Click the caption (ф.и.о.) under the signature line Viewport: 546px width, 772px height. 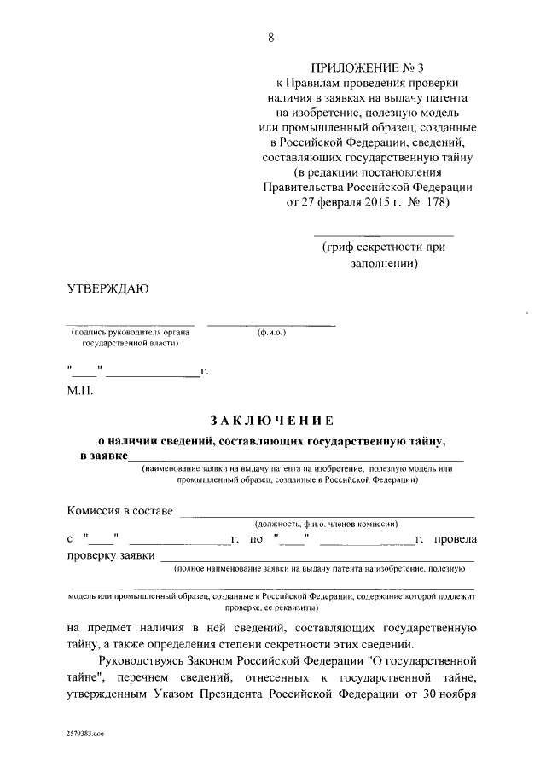point(270,332)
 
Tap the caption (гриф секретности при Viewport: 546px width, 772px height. point(384,247)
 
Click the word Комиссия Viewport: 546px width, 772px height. point(96,511)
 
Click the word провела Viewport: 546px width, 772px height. point(455,539)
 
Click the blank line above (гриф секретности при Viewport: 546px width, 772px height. point(384,234)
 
